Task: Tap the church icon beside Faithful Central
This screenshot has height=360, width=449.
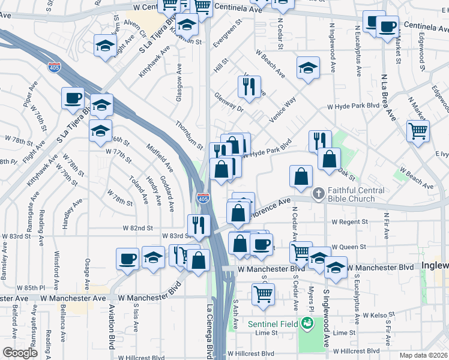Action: point(318,193)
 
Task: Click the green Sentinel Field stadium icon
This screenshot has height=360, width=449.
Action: point(307,324)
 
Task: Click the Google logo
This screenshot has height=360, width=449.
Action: point(19,353)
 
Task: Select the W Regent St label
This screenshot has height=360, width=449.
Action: point(349,221)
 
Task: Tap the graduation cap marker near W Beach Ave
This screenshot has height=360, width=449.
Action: point(308,67)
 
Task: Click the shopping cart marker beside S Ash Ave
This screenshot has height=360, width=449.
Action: point(263,294)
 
